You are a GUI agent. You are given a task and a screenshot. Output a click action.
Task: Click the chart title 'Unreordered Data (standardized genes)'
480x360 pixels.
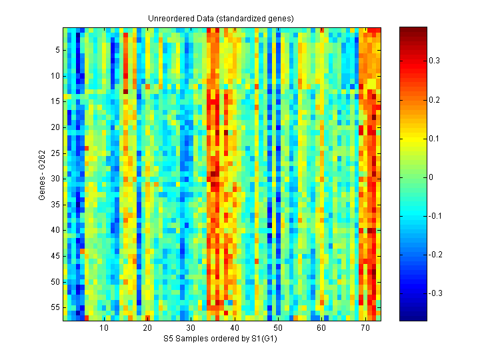[221, 18]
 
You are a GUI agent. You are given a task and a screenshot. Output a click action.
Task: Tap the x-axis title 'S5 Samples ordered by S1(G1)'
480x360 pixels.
[221, 339]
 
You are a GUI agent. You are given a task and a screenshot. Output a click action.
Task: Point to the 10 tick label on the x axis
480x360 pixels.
[104, 328]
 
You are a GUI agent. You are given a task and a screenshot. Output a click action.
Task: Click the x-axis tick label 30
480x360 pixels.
[191, 328]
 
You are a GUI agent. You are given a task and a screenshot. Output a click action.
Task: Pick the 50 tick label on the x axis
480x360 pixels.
[278, 328]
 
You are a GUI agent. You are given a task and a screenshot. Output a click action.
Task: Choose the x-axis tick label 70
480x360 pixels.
[365, 328]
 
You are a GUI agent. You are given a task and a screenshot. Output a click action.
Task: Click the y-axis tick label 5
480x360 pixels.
[58, 49]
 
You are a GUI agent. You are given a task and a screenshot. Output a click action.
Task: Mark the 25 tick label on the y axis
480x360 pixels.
[56, 153]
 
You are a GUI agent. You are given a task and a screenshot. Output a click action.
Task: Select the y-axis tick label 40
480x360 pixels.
[56, 230]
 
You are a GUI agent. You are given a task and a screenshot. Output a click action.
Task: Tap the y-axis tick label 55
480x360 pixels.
[56, 307]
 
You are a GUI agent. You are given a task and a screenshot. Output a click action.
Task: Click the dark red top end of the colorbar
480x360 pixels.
[413, 30]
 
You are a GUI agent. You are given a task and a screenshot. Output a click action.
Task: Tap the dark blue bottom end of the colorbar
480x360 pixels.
[413, 318]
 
